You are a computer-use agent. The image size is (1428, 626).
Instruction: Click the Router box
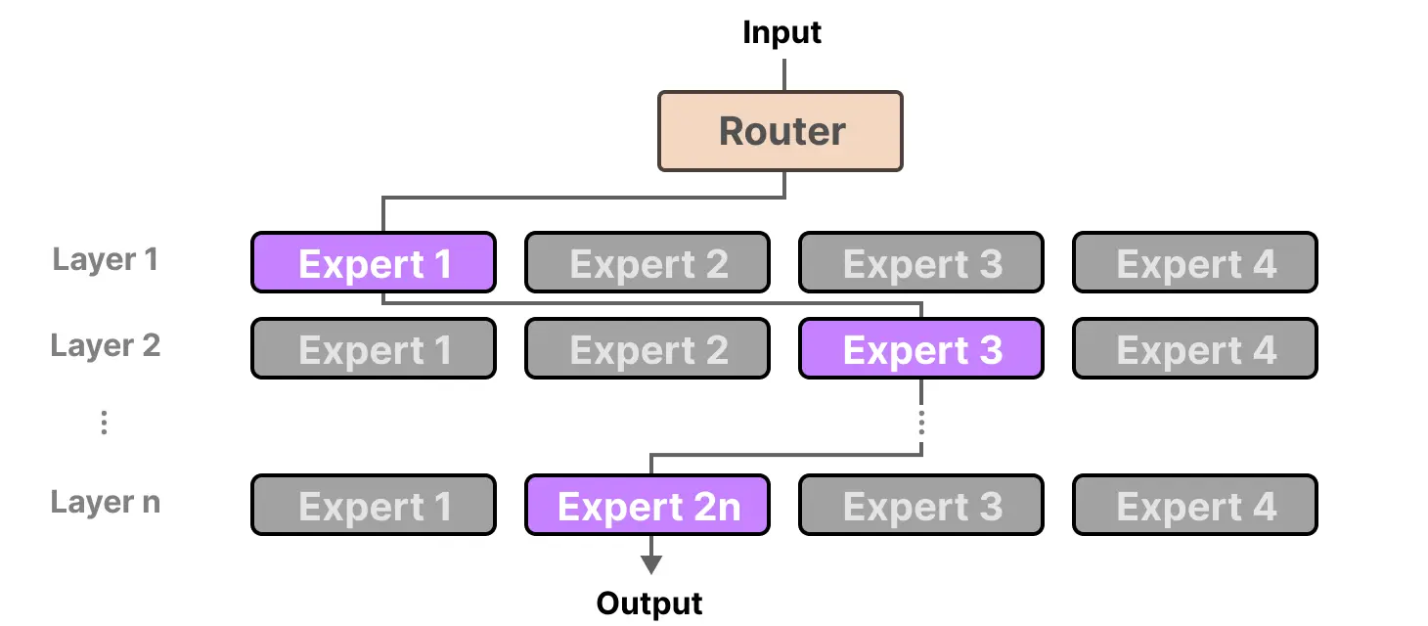tap(780, 132)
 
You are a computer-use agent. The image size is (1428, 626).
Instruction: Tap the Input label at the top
tap(781, 32)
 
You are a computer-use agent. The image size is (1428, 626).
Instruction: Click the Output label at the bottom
tap(649, 604)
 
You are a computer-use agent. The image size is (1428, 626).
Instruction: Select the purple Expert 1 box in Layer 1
tap(374, 263)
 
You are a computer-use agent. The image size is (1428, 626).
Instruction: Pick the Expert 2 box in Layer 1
tap(647, 263)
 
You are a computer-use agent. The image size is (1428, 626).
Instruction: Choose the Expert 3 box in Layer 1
tap(921, 263)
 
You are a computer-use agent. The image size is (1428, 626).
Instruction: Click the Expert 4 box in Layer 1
tap(1195, 263)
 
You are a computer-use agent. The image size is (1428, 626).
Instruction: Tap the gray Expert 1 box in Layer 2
tap(374, 349)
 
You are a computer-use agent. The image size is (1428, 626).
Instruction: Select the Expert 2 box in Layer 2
tap(647, 349)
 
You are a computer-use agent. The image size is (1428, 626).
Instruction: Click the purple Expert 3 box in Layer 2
tap(921, 349)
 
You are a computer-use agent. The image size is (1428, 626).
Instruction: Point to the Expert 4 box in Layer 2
tap(1195, 349)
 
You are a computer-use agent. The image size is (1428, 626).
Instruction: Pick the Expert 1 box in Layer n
tap(374, 506)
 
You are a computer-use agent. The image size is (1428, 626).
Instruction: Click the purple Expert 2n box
tap(647, 506)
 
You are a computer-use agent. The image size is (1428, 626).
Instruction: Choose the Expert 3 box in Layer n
tap(921, 506)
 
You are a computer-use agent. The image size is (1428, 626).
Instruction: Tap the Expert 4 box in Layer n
tap(1195, 506)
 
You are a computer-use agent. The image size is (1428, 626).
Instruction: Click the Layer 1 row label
tap(105, 260)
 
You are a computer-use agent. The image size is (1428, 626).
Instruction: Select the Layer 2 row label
tap(105, 346)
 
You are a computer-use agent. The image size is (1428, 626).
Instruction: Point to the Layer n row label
tap(105, 503)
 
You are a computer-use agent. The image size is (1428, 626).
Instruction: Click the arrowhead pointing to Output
tap(650, 564)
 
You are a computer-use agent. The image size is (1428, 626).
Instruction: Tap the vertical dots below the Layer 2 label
tap(104, 423)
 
